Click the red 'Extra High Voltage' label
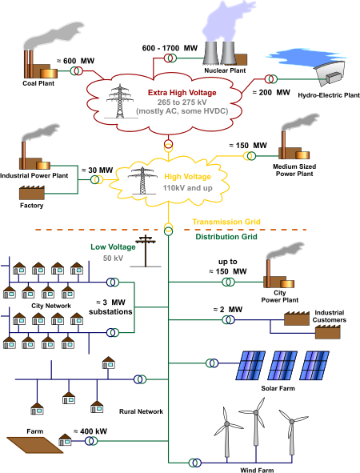pyautogui.click(x=182, y=93)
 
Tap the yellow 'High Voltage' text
pyautogui.click(x=187, y=176)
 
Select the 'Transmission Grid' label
pyautogui.click(x=226, y=222)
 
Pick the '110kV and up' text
pyautogui.click(x=187, y=188)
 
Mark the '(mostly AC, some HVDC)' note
pyautogui.click(x=182, y=110)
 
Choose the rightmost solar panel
pyautogui.click(x=314, y=365)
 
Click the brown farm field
pyautogui.click(x=34, y=444)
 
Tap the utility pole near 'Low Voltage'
pyautogui.click(x=146, y=250)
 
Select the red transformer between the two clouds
pyautogui.click(x=168, y=146)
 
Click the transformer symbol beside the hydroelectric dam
pyautogui.click(x=271, y=79)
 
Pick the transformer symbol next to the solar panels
pyautogui.click(x=210, y=363)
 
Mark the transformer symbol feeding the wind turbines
pyautogui.click(x=193, y=462)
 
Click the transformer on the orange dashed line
pyautogui.click(x=169, y=229)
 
